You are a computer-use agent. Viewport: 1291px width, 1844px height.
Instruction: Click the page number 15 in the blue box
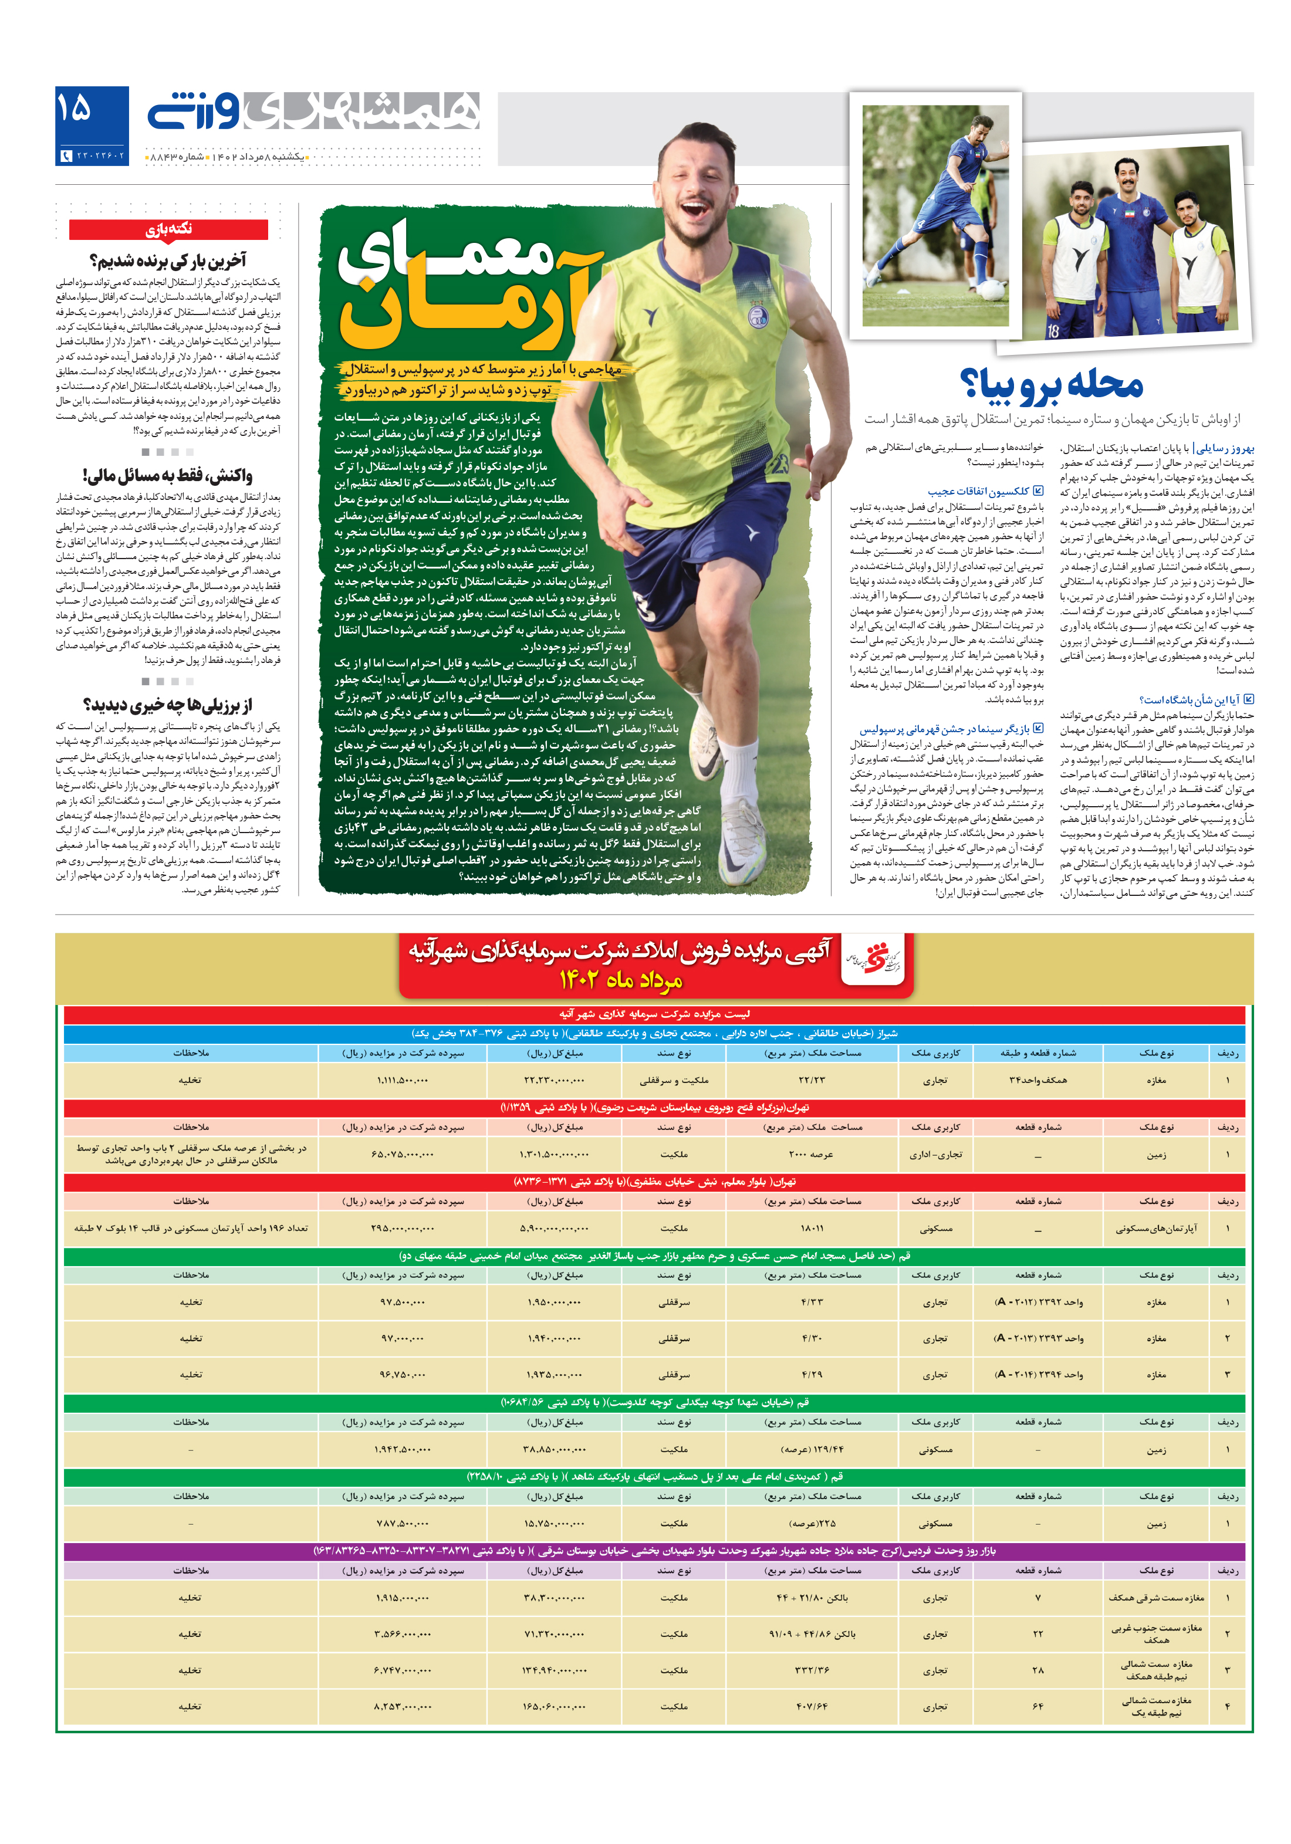(75, 109)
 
